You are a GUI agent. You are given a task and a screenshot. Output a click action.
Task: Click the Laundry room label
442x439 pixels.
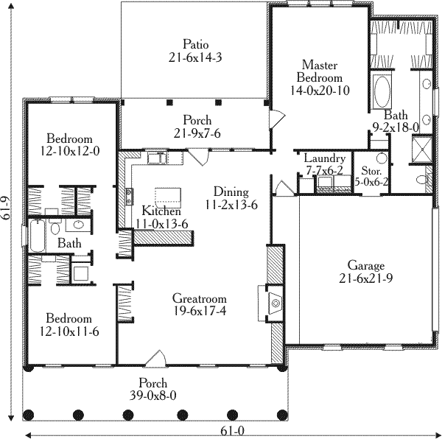point(324,164)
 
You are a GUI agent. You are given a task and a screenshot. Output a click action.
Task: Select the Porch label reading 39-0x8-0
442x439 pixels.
point(154,390)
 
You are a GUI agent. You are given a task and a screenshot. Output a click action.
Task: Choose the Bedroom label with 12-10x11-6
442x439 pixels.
point(70,324)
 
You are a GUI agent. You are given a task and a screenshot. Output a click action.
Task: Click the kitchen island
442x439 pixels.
point(169,194)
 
